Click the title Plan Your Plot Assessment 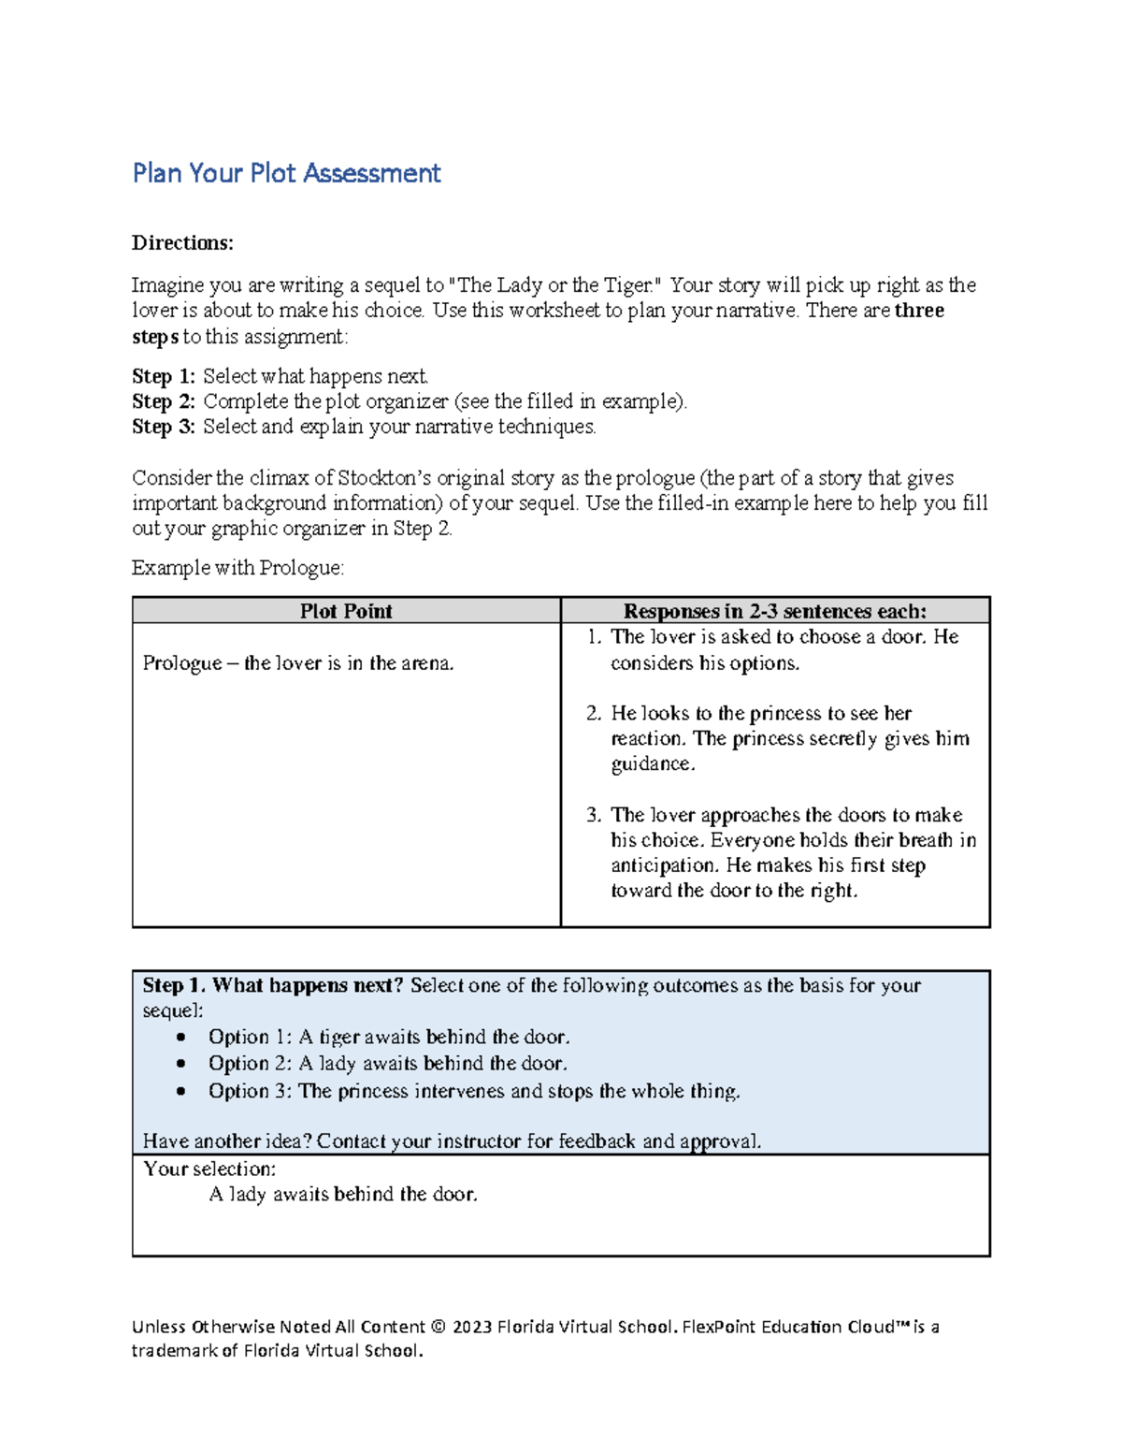tap(286, 173)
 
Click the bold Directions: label tap(182, 243)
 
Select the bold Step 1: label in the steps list tap(164, 376)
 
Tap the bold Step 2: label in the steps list tap(164, 401)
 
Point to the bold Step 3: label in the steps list tap(164, 427)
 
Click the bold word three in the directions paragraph tap(919, 311)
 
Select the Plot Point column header tap(346, 611)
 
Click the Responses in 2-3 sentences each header tap(775, 611)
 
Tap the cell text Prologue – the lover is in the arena tap(297, 663)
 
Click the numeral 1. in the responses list tap(594, 637)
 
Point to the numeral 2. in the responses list tap(594, 713)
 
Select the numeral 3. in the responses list tap(594, 815)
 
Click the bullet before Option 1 tap(181, 1038)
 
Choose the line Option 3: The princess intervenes tap(474, 1091)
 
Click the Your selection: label tap(209, 1169)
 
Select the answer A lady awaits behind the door tap(343, 1195)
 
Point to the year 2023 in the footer tap(472, 1327)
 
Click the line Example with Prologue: tap(237, 568)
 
